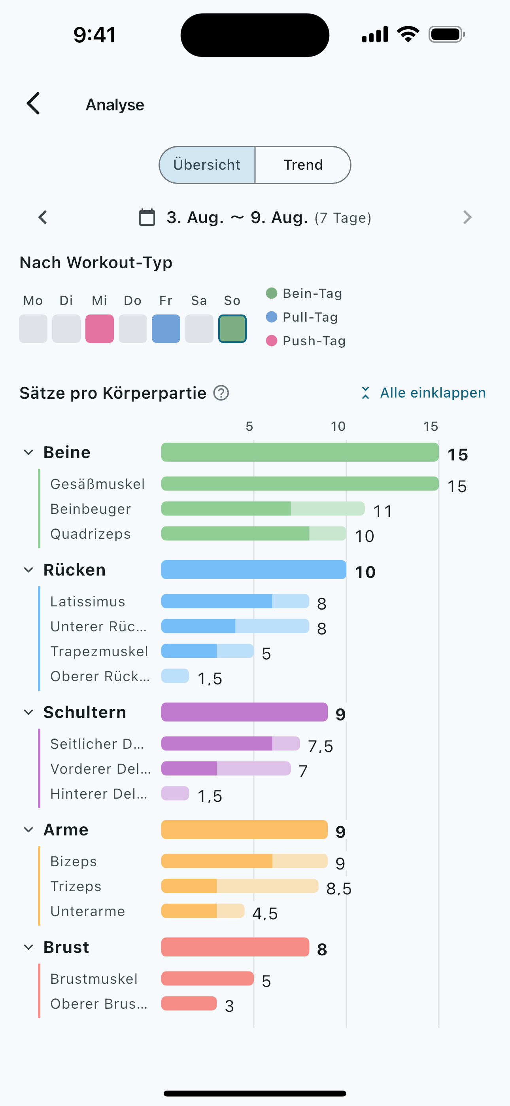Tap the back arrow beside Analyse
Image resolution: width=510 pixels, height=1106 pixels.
(x=34, y=104)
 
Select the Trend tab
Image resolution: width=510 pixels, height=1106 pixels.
(x=303, y=165)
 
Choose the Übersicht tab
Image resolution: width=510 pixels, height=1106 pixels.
(x=207, y=165)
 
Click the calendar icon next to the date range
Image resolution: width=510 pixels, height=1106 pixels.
(x=147, y=217)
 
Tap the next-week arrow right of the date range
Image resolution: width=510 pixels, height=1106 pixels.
(x=467, y=217)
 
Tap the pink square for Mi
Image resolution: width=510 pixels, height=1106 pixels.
(x=100, y=328)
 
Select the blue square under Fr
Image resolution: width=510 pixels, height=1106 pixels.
(x=166, y=328)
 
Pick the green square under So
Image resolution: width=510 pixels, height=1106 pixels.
(x=232, y=328)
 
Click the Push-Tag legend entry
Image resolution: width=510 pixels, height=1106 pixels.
(x=306, y=341)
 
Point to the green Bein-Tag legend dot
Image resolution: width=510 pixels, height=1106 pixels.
(x=271, y=293)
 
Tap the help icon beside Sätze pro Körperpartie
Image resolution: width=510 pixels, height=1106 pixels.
(x=221, y=393)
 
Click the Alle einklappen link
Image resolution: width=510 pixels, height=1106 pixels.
(x=423, y=392)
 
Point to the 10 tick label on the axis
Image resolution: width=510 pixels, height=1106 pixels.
(x=338, y=426)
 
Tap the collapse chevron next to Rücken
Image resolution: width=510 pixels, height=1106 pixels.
(x=28, y=570)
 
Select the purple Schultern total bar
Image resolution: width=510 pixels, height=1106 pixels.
(x=245, y=712)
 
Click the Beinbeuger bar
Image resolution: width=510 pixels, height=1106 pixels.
(x=263, y=508)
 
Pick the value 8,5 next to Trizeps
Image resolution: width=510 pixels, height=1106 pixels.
(x=339, y=889)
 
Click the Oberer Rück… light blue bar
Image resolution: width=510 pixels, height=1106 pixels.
(x=175, y=676)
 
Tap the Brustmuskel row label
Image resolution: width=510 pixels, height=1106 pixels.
(x=94, y=979)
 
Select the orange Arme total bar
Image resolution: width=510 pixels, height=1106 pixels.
(x=245, y=829)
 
